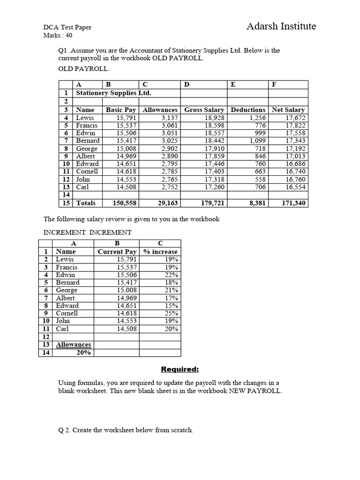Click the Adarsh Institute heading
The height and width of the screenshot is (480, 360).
click(x=281, y=26)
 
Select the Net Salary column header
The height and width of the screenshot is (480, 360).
click(x=288, y=110)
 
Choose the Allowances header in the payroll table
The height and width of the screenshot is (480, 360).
click(x=160, y=110)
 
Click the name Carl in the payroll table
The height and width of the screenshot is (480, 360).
click(x=82, y=187)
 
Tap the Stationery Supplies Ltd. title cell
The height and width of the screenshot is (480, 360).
click(x=113, y=93)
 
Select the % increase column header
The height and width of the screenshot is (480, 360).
click(x=160, y=252)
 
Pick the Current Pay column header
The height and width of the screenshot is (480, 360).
click(x=117, y=252)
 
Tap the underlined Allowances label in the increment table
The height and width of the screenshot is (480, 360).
click(x=74, y=345)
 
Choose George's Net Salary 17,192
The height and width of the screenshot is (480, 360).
click(x=295, y=149)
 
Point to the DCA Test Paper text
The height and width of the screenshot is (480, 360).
click(x=67, y=27)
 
